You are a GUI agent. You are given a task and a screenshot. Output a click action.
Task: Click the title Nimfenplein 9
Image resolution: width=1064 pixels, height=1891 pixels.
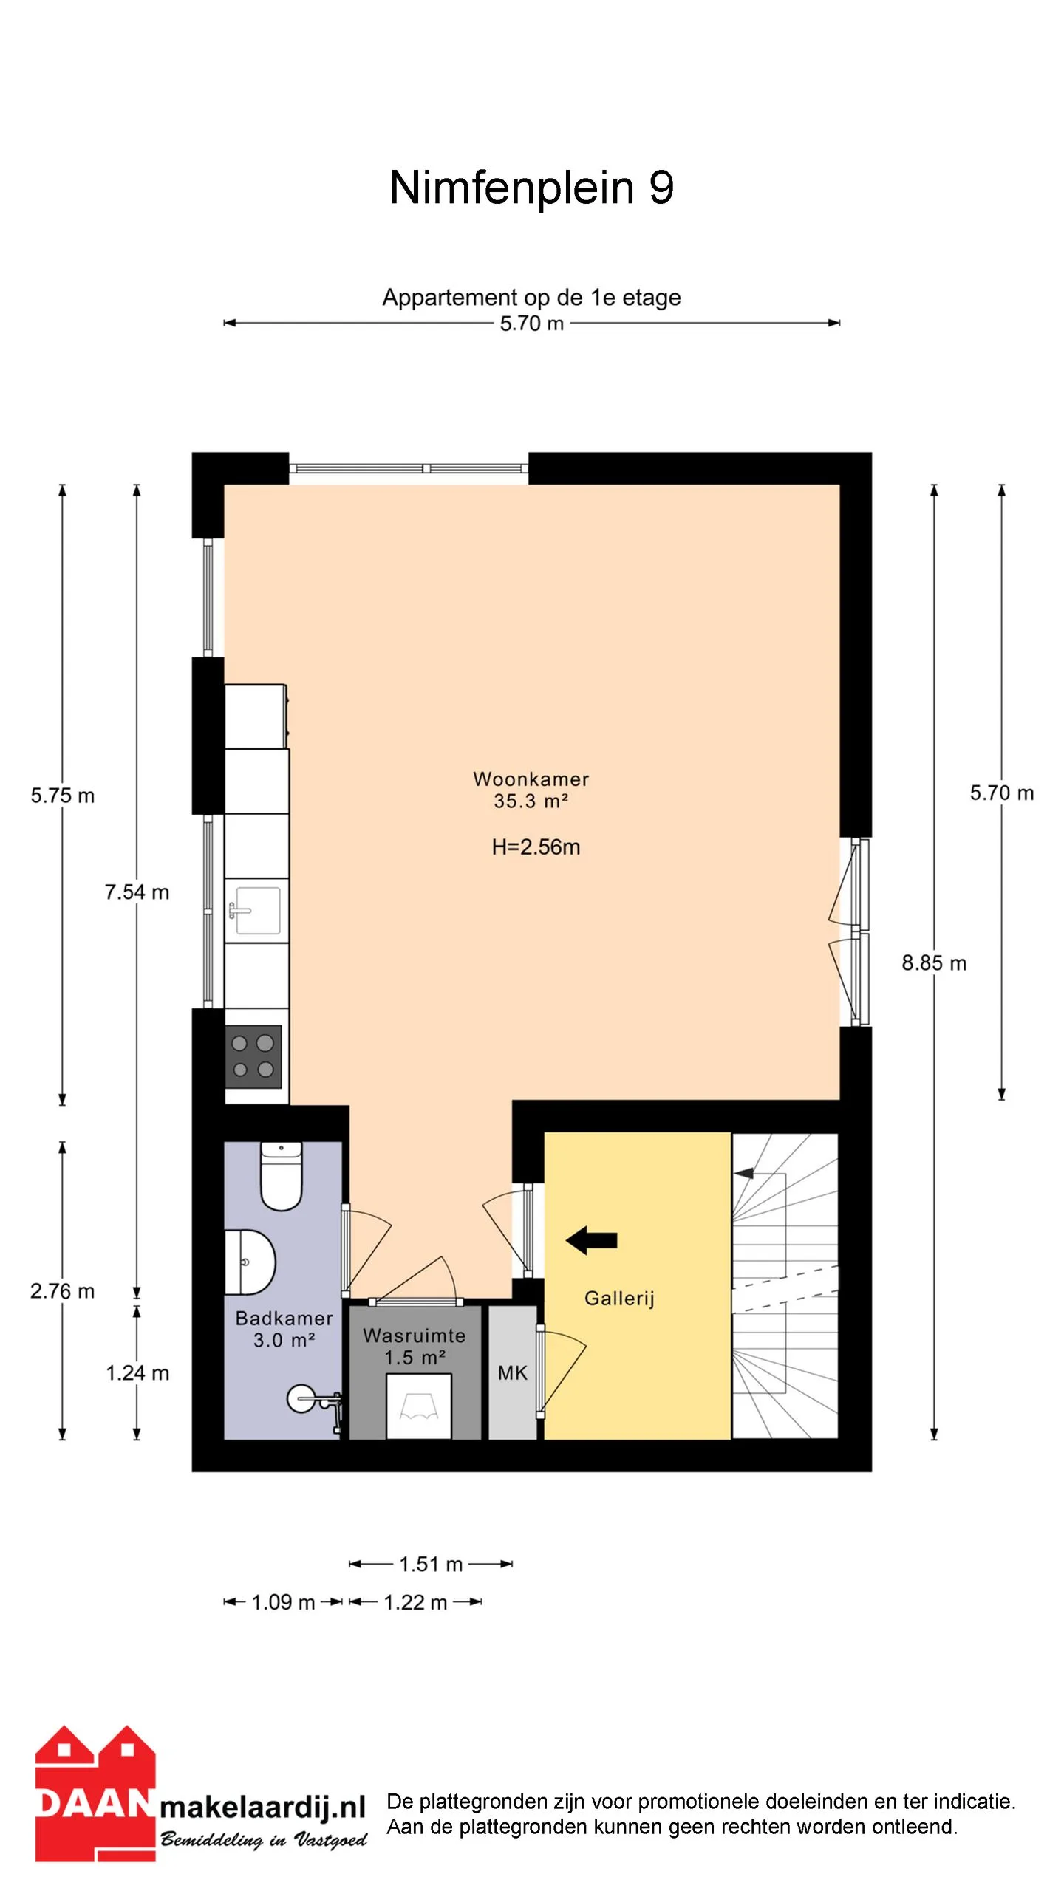(x=531, y=187)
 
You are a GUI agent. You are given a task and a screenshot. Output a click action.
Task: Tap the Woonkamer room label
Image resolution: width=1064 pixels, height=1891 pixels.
(x=531, y=779)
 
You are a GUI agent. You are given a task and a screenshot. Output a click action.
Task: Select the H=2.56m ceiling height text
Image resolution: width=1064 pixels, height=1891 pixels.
(x=536, y=847)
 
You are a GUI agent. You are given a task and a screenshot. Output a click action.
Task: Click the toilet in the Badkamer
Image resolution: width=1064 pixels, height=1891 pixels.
(x=282, y=1176)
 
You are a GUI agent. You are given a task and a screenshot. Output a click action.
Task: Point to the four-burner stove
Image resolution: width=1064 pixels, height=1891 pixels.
(x=253, y=1056)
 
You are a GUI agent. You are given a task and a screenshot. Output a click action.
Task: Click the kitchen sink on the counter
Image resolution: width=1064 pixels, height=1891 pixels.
(x=256, y=911)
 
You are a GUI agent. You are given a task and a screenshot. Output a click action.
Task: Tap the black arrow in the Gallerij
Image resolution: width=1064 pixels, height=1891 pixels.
(x=591, y=1240)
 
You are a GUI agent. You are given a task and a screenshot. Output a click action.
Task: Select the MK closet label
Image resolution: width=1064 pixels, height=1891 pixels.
(x=513, y=1373)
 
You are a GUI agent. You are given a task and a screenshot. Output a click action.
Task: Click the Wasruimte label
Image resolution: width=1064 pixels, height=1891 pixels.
(x=415, y=1336)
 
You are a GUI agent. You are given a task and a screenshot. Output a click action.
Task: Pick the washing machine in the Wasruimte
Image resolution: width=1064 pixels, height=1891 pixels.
(x=419, y=1406)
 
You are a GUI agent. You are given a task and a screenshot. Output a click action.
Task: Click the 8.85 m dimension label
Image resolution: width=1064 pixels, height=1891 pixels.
(x=934, y=963)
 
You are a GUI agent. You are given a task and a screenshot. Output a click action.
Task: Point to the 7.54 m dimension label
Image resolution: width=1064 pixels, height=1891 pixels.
(x=137, y=892)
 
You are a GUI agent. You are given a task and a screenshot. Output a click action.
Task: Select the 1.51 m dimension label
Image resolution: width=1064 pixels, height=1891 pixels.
(x=431, y=1564)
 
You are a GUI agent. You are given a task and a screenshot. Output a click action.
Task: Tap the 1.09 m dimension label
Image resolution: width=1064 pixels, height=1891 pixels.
(x=283, y=1602)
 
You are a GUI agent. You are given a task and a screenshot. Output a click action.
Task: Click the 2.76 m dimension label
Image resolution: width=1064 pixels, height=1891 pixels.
(x=63, y=1291)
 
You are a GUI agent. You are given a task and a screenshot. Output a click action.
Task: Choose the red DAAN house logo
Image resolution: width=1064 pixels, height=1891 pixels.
(x=96, y=1793)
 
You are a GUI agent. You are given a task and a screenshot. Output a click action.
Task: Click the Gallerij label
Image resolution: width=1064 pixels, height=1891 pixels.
(x=619, y=1299)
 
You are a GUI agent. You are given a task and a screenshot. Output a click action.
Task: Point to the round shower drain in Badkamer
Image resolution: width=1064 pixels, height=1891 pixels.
(x=301, y=1398)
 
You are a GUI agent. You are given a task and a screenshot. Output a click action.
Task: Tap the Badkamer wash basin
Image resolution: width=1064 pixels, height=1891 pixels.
(x=250, y=1262)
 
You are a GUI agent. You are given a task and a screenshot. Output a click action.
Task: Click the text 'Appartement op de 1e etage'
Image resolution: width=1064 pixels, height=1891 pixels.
(x=531, y=297)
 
